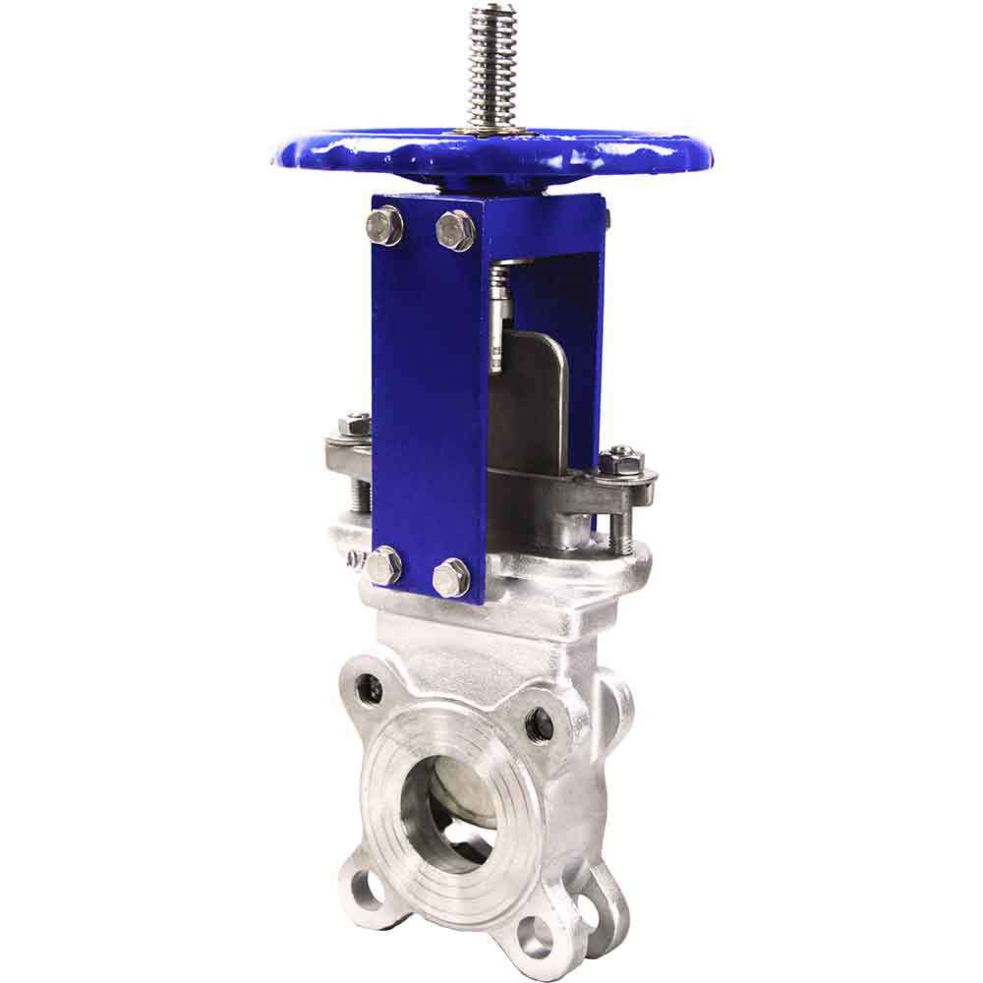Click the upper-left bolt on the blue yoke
384,226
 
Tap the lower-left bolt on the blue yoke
383,566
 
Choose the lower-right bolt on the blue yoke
451,577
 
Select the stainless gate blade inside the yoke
531,403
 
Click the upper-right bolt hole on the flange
540,724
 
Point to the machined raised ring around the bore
393,806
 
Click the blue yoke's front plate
429,393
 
